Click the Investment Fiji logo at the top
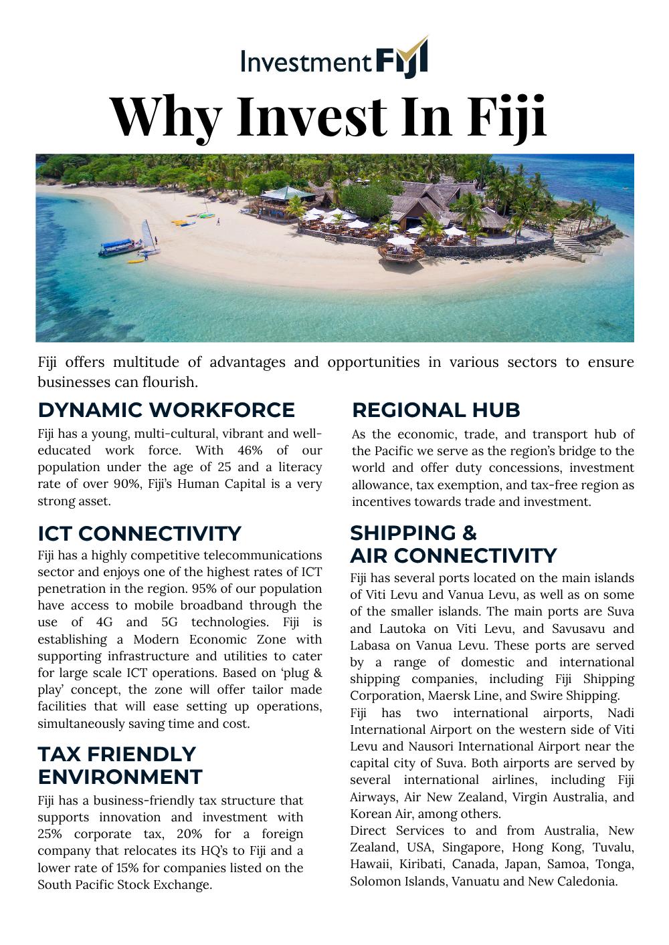tap(334, 59)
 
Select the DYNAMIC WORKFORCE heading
tap(166, 410)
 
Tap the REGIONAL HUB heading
tap(436, 410)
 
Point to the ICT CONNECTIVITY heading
tap(139, 533)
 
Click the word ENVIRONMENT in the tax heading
tap(120, 777)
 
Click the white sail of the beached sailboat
tap(148, 234)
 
